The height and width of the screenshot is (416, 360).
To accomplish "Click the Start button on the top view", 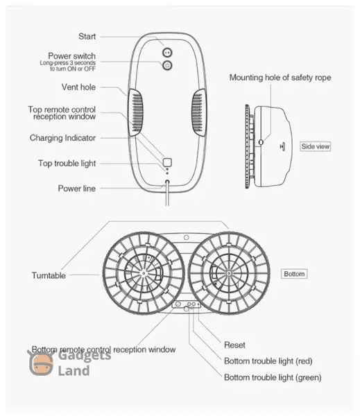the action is pyautogui.click(x=167, y=53).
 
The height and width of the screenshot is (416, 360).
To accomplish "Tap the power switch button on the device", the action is pyautogui.click(x=167, y=65).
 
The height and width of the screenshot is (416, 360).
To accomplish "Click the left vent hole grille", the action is pyautogui.click(x=137, y=112).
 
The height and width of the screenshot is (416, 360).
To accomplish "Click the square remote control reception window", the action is pyautogui.click(x=167, y=162).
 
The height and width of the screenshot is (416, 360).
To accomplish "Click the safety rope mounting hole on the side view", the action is pyautogui.click(x=261, y=142).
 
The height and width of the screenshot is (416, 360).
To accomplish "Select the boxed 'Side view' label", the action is pyautogui.click(x=316, y=146).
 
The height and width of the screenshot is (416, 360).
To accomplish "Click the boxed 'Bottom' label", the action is pyautogui.click(x=294, y=274).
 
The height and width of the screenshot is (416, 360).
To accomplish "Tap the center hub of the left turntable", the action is pyautogui.click(x=144, y=273).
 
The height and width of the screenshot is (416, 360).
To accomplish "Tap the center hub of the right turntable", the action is pyautogui.click(x=229, y=272).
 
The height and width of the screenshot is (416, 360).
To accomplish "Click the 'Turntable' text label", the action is pyautogui.click(x=49, y=275).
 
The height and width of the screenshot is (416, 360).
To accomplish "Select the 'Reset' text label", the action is pyautogui.click(x=234, y=345).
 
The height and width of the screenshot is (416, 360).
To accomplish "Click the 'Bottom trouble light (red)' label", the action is pyautogui.click(x=268, y=361).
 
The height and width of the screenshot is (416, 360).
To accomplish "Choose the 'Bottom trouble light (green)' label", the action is pyautogui.click(x=273, y=377).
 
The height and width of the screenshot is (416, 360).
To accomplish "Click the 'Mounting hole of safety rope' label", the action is pyautogui.click(x=280, y=78).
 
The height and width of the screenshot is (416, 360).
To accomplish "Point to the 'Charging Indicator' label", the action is pyautogui.click(x=62, y=138).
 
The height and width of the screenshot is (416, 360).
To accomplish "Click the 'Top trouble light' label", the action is pyautogui.click(x=67, y=163).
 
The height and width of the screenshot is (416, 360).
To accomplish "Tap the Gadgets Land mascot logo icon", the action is pyautogui.click(x=41, y=363).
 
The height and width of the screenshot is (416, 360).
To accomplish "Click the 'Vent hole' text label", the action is pyautogui.click(x=78, y=87).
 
